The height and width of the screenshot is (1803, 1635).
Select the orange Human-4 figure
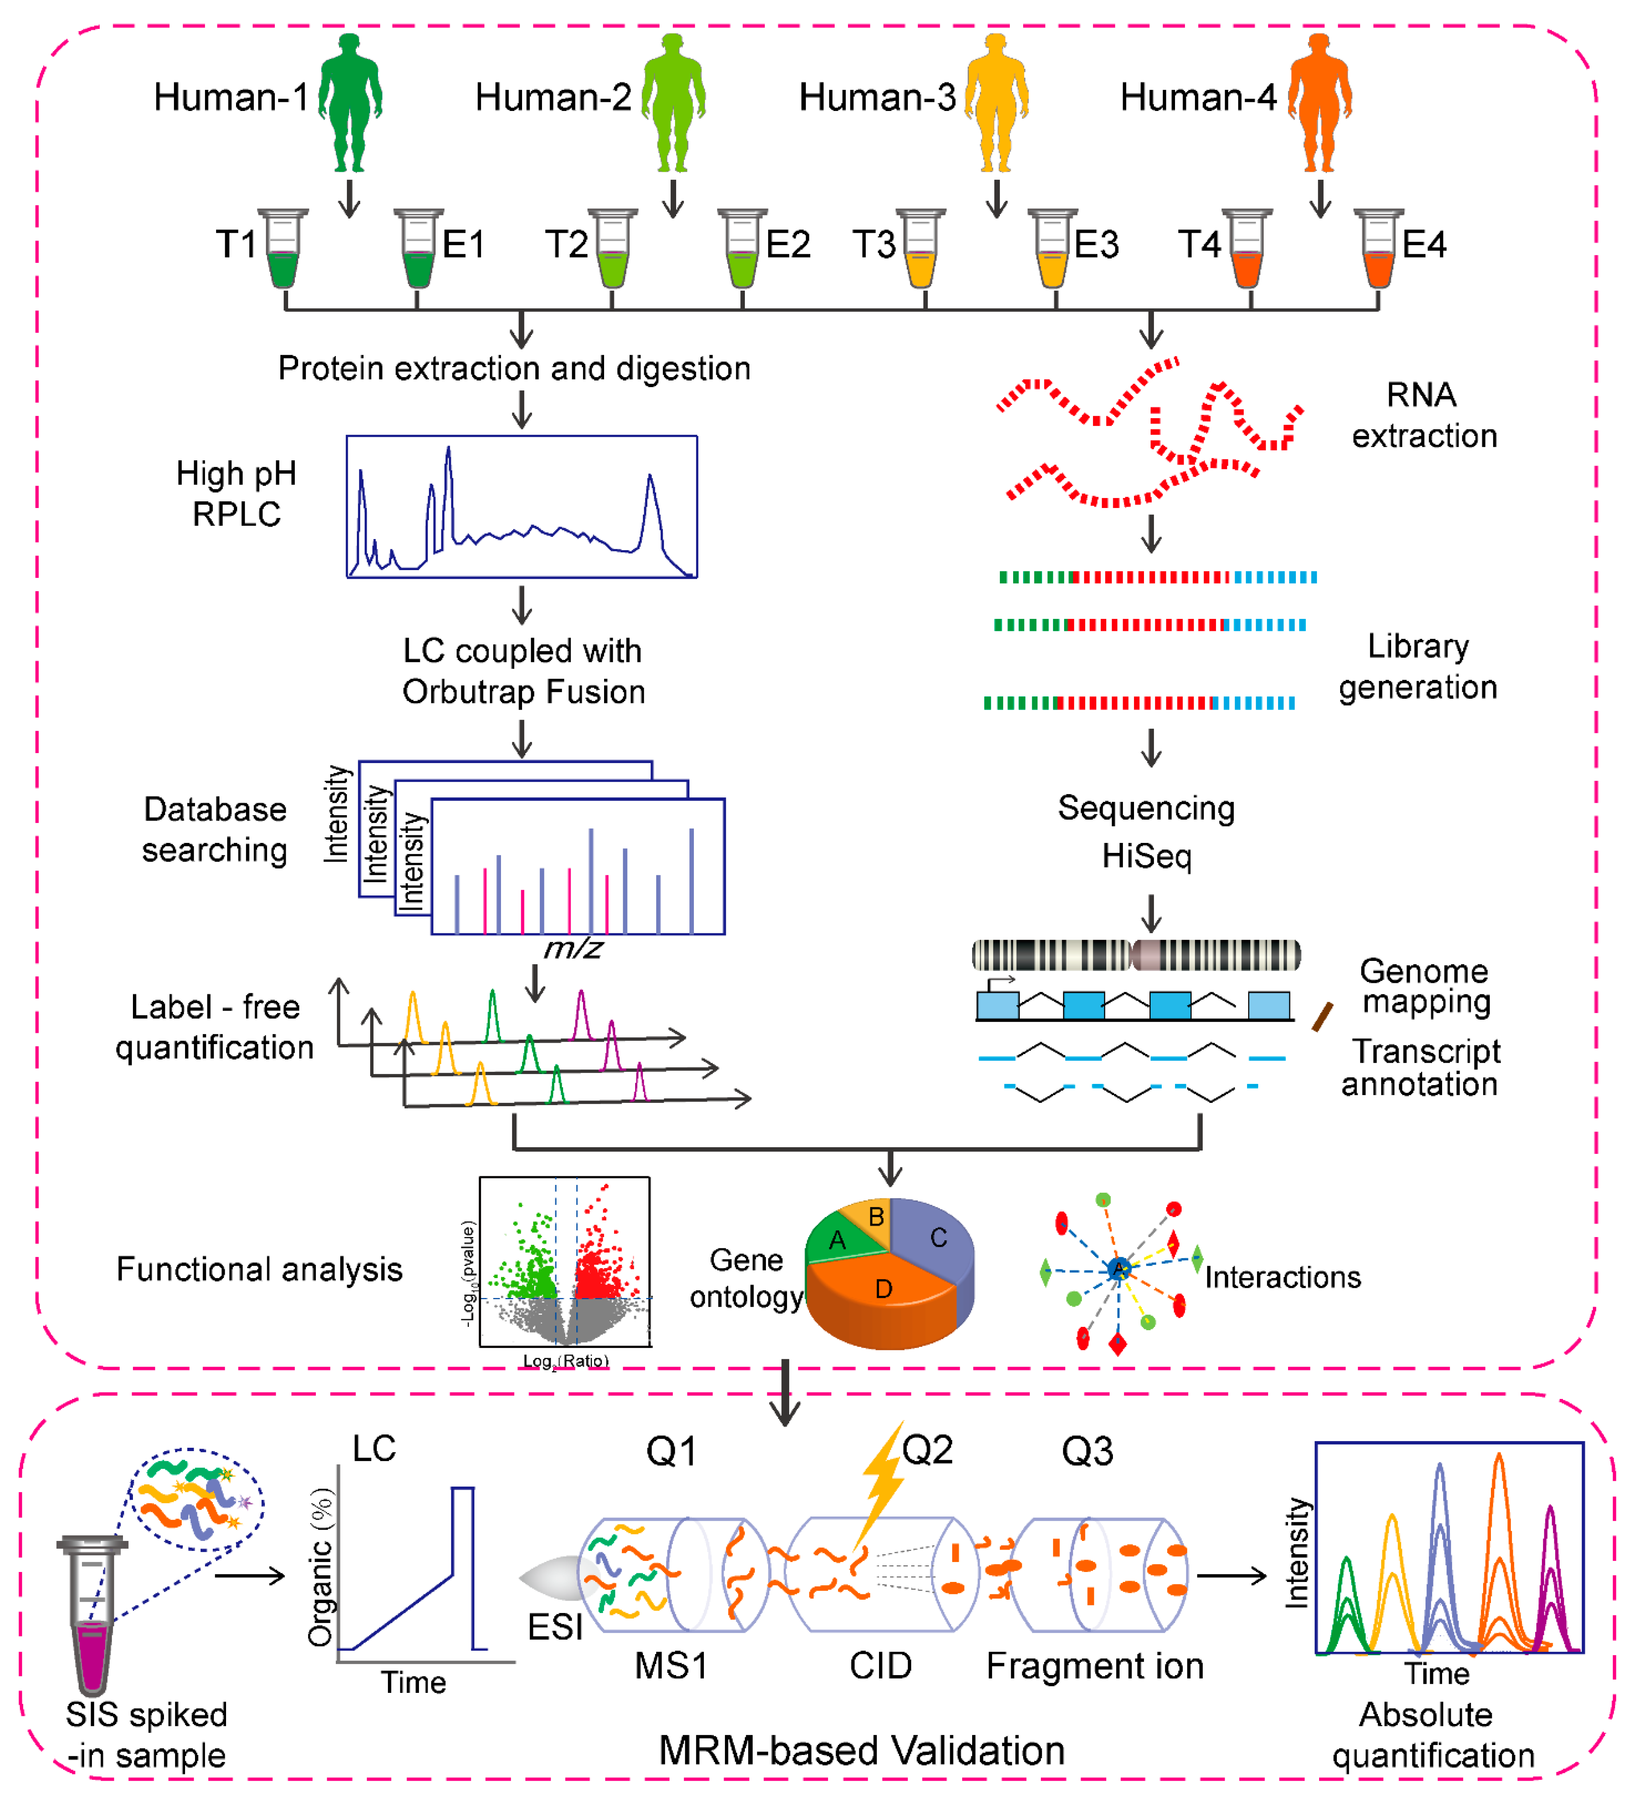(1319, 103)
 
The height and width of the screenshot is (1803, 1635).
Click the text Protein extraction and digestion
(514, 368)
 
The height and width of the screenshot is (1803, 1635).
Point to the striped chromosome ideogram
(1136, 955)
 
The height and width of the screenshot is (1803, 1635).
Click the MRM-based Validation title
(861, 1750)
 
